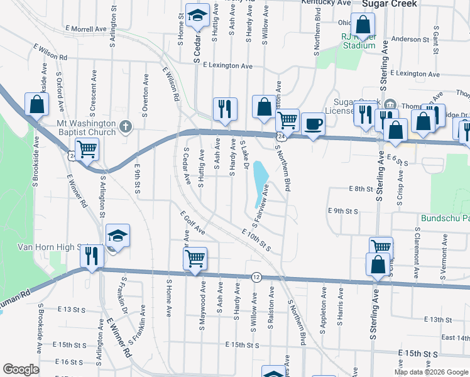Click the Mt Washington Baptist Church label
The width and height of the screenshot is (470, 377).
pyautogui.click(x=86, y=128)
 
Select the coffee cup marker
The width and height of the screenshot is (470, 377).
pyautogui.click(x=312, y=124)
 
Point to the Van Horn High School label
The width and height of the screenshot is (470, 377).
pyautogui.click(x=41, y=247)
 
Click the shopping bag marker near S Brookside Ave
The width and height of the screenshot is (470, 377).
pyautogui.click(x=36, y=104)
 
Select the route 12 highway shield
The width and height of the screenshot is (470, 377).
pyautogui.click(x=256, y=276)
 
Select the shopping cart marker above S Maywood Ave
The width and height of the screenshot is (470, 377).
pyautogui.click(x=195, y=258)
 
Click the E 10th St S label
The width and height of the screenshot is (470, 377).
pyautogui.click(x=255, y=241)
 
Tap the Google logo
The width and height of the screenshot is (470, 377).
pyautogui.click(x=21, y=369)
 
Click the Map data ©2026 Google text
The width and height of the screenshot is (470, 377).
pyautogui.click(x=430, y=372)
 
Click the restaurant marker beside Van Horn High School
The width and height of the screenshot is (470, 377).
pyautogui.click(x=92, y=256)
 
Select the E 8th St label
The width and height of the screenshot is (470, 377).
pyautogui.click(x=361, y=188)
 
